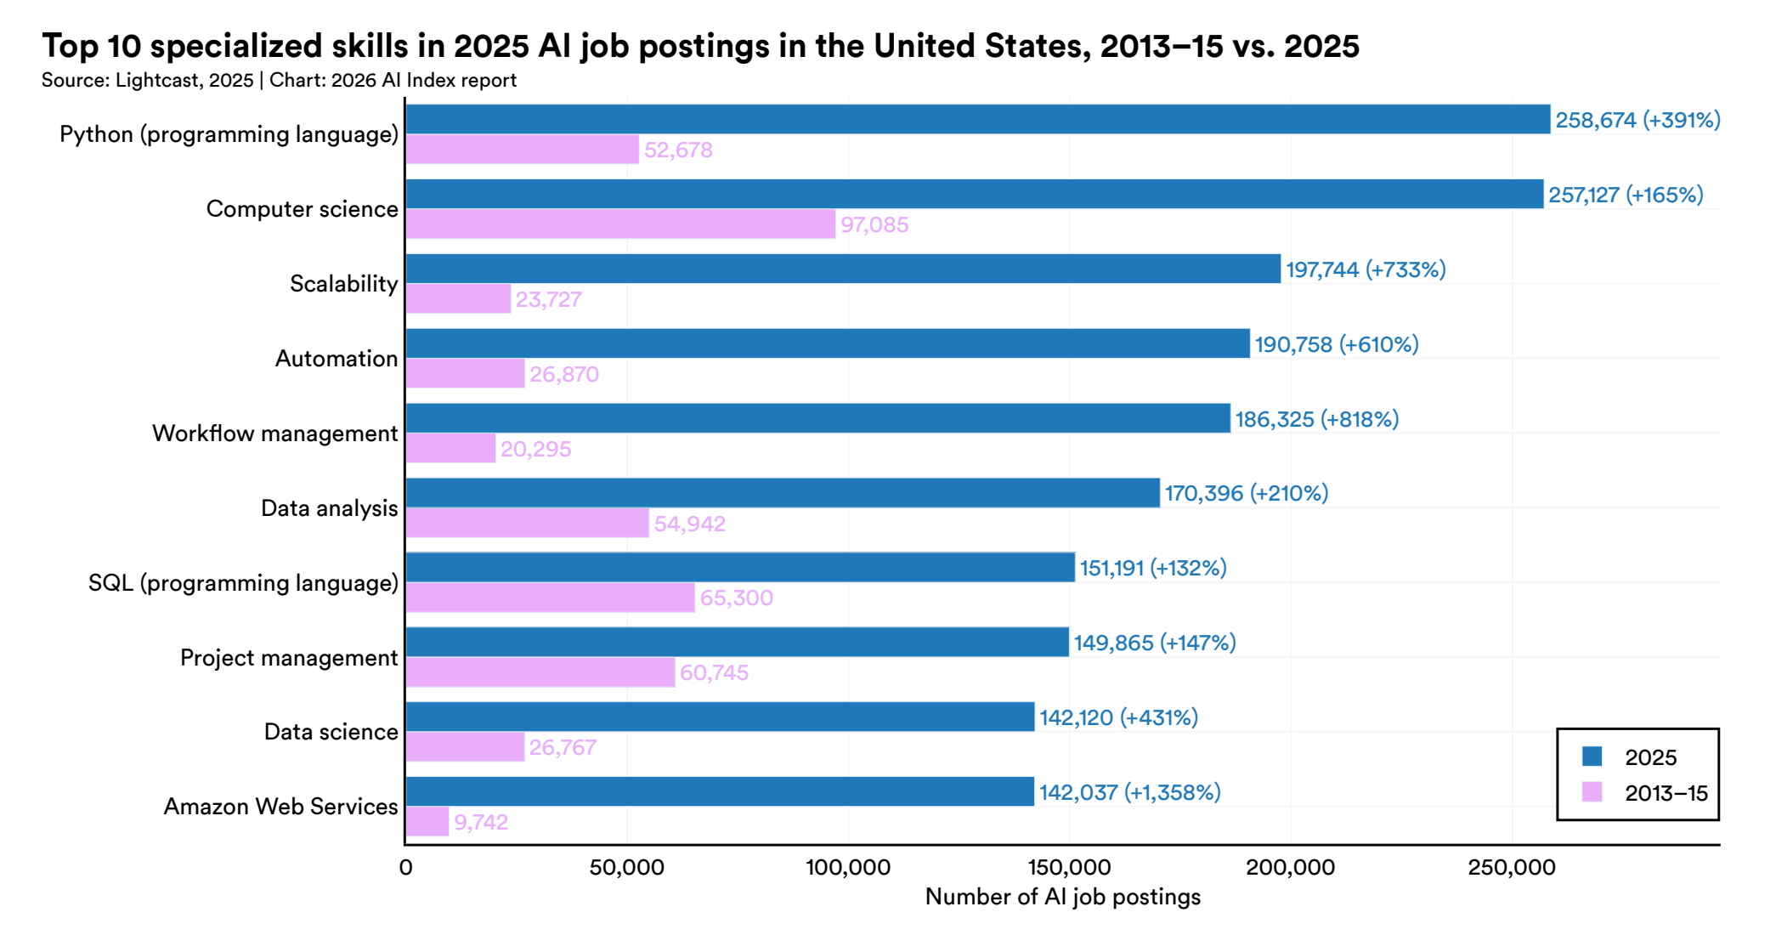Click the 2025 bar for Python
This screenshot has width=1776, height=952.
coord(977,119)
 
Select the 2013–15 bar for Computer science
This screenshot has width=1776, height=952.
coord(620,224)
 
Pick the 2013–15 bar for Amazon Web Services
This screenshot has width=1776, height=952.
coord(427,822)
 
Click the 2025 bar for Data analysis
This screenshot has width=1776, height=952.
coord(782,493)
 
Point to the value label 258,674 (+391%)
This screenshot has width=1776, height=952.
coord(1637,120)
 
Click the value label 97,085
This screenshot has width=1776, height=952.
coord(874,225)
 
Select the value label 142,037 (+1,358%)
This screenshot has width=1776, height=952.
coord(1129,792)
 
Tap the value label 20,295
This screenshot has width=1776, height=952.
coord(535,449)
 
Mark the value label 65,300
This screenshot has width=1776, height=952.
coord(736,598)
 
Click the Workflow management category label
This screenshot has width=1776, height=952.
coord(274,433)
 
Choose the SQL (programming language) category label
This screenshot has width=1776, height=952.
coord(243,583)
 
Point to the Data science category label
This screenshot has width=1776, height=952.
coord(331,732)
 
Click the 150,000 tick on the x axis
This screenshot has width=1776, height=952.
coord(1069,868)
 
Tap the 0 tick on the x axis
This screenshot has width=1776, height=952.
coord(405,868)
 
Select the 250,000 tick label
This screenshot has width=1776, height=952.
coord(1512,868)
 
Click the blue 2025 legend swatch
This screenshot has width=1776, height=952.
coord(1592,756)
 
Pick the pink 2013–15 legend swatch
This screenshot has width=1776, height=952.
coord(1592,792)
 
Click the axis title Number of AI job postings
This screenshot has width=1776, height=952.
coord(1062,897)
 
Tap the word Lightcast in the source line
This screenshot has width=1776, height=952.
coord(154,81)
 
